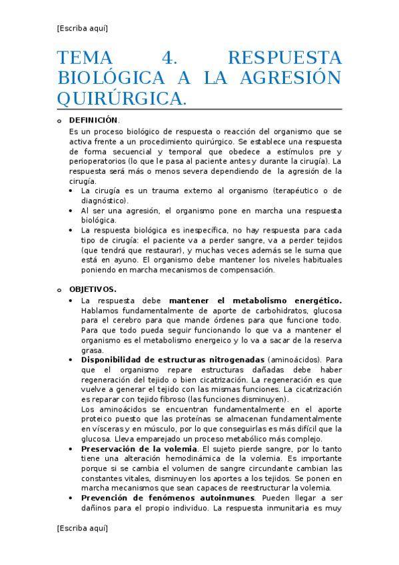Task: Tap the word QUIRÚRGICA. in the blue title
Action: click(x=122, y=98)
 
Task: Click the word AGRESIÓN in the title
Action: click(x=293, y=78)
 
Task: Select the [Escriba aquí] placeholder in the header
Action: click(x=83, y=28)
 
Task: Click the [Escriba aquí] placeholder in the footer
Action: click(x=83, y=528)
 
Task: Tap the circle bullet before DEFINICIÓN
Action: click(x=59, y=121)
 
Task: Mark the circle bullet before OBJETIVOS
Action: click(x=59, y=290)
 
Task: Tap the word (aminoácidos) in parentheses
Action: click(x=291, y=359)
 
